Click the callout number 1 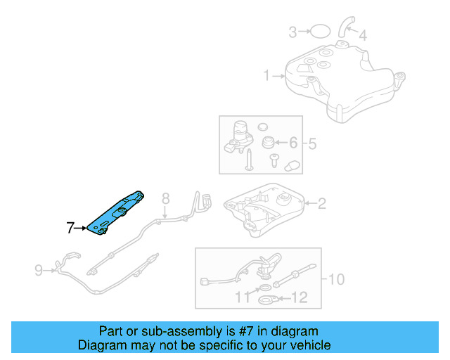pos(267,75)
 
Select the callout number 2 pos(321,204)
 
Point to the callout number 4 pos(362,34)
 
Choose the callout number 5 pos(311,144)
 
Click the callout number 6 pos(293,143)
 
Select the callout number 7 pos(70,228)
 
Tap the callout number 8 pos(166,199)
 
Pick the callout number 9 pos(39,268)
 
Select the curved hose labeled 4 pos(344,27)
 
